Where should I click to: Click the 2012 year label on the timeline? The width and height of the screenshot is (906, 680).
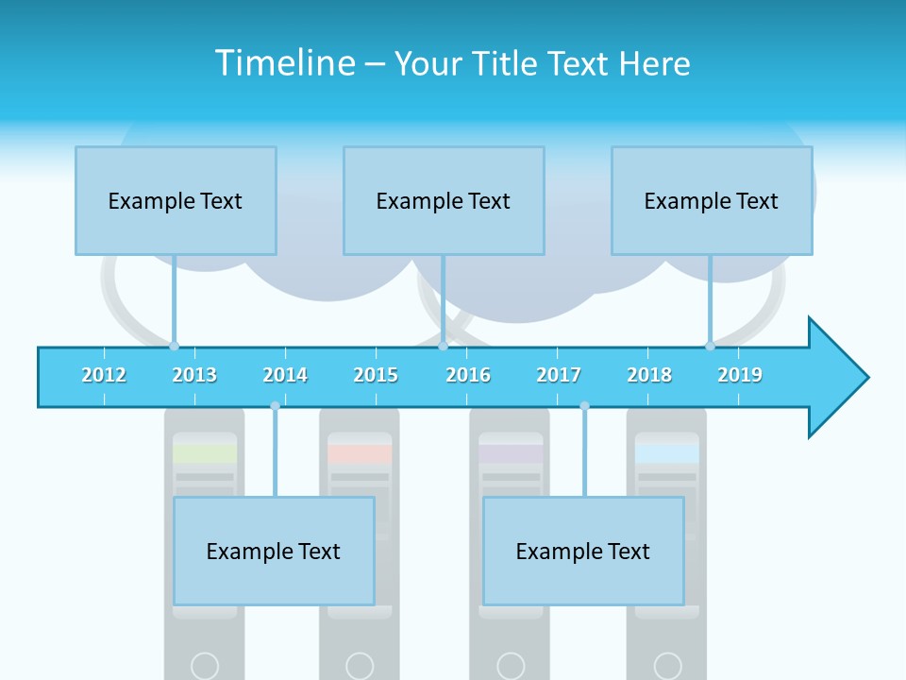click(x=104, y=375)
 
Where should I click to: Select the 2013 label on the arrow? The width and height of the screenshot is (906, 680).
click(x=194, y=375)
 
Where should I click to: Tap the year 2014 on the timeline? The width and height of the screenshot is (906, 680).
click(x=285, y=375)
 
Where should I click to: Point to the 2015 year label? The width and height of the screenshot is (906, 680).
click(x=376, y=375)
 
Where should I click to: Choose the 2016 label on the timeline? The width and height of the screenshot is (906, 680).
click(x=468, y=375)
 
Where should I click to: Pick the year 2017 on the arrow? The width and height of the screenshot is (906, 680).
click(x=559, y=375)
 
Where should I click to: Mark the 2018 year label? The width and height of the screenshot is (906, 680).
click(x=649, y=375)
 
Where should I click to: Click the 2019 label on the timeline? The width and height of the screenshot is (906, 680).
click(x=740, y=375)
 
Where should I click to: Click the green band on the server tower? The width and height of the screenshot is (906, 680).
click(x=205, y=453)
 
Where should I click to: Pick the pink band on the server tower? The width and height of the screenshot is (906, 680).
click(x=360, y=453)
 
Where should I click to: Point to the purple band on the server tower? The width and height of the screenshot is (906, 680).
click(x=511, y=453)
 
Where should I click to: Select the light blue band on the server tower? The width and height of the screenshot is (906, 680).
click(x=667, y=453)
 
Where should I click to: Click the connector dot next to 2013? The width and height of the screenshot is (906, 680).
click(x=174, y=346)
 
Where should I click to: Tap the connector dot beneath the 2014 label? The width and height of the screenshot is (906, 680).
click(x=275, y=406)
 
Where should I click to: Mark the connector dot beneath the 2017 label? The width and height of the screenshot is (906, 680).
click(x=584, y=406)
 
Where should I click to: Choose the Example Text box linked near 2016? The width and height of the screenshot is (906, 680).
click(x=444, y=200)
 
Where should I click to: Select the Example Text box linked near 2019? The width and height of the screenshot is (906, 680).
click(x=712, y=200)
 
